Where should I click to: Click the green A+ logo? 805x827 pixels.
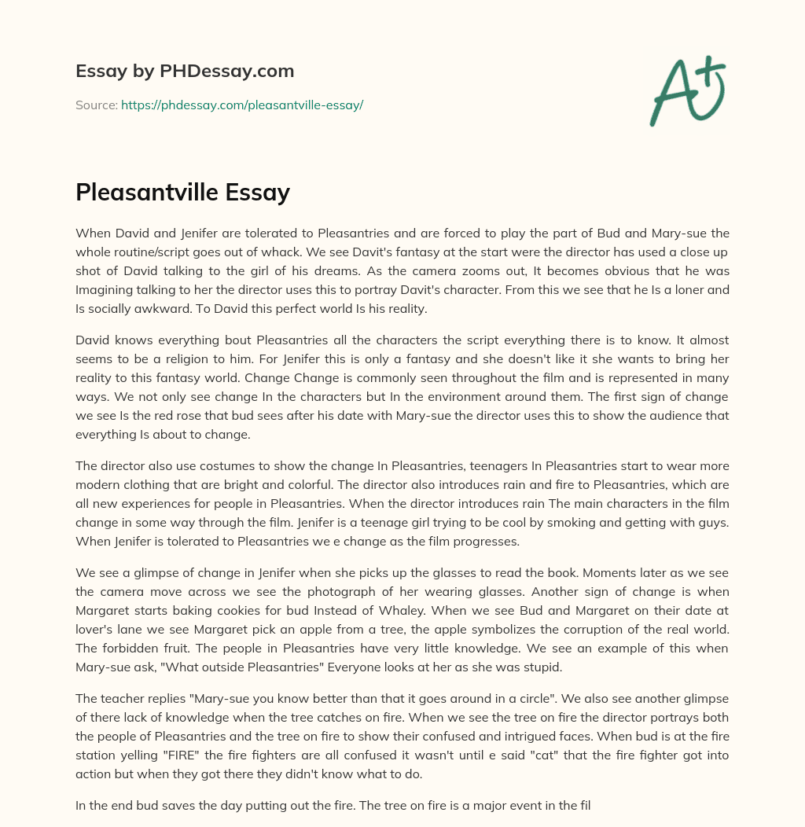point(687,91)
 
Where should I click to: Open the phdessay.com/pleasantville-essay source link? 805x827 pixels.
point(242,105)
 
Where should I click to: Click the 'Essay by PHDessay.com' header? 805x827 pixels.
point(185,71)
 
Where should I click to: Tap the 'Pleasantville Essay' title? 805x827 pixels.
point(182,193)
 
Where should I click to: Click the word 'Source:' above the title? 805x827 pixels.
point(96,105)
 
